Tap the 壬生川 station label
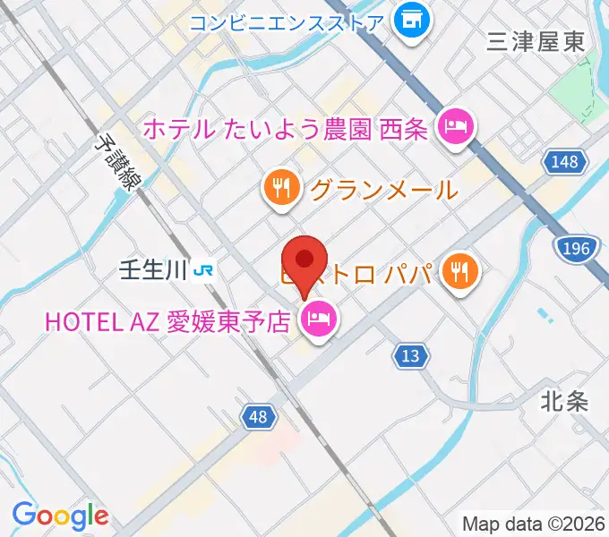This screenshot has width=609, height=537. [153, 269]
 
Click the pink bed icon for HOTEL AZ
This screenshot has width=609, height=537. [318, 320]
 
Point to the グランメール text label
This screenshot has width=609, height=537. [384, 190]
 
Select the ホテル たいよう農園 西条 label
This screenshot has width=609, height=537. [285, 129]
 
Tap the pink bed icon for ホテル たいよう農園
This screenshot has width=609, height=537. [455, 126]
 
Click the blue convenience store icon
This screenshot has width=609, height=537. [412, 20]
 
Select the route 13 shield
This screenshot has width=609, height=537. [409, 356]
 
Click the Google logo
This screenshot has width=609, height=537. [60, 516]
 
